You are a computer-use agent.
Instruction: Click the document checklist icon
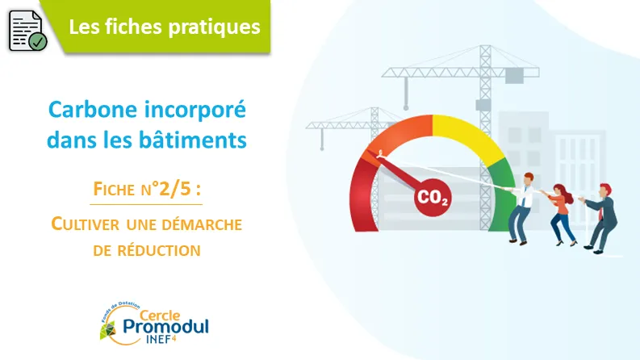[27, 31]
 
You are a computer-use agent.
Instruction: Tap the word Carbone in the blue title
[93, 110]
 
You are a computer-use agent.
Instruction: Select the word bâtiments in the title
[193, 140]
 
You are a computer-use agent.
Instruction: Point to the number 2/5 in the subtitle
[175, 189]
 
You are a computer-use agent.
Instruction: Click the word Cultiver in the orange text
[86, 224]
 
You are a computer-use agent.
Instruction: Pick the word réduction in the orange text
[159, 250]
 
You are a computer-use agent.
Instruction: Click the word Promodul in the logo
[165, 327]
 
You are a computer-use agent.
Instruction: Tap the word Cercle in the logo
[160, 315]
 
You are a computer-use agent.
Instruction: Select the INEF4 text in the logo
[161, 339]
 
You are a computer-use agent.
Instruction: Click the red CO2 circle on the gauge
[433, 198]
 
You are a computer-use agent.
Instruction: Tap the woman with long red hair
[561, 214]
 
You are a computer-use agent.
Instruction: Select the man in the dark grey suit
[600, 219]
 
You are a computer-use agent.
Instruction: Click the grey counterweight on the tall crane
[514, 76]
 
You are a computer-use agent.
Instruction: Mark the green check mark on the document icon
[39, 42]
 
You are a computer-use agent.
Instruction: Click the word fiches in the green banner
[133, 27]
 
